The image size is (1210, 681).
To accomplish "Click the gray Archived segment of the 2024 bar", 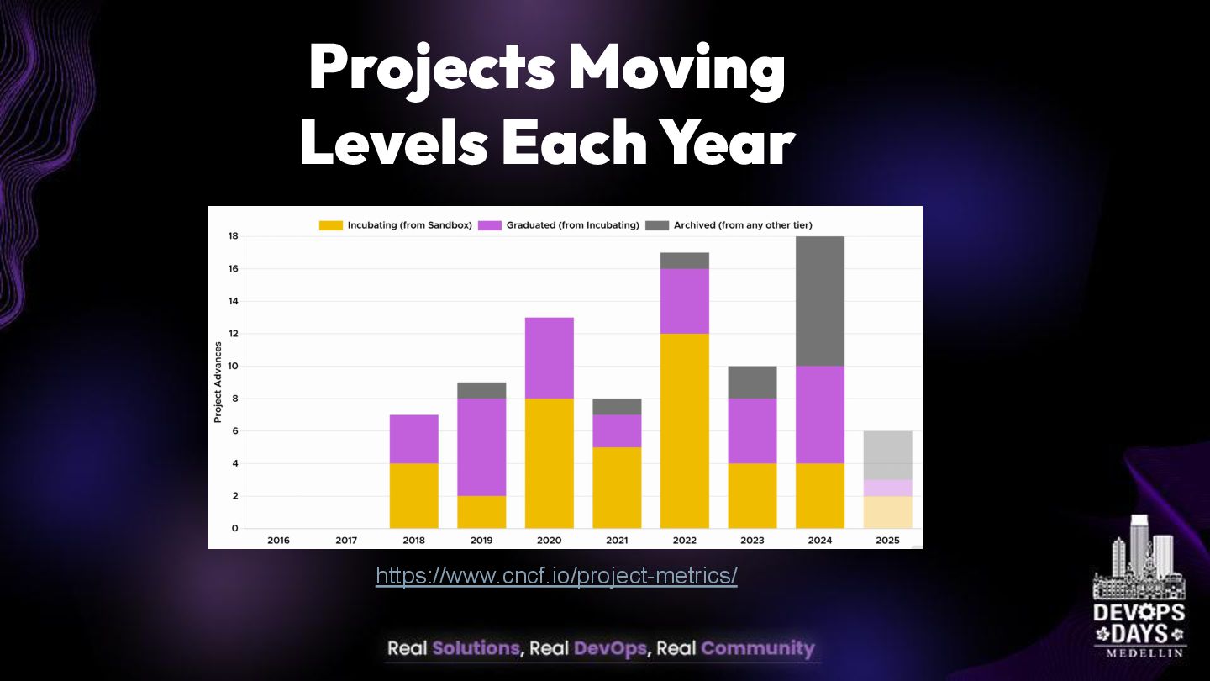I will [x=819, y=301].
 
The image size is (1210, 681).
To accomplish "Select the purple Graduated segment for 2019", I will [x=481, y=446].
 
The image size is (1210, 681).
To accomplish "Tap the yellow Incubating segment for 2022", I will [x=684, y=430].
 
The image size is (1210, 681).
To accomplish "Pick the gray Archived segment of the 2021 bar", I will [x=617, y=406].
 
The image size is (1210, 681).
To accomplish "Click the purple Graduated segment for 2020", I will [x=549, y=357].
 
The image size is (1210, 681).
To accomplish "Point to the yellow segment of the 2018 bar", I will [x=413, y=495].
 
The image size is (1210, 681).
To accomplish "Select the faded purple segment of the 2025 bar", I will [x=887, y=488].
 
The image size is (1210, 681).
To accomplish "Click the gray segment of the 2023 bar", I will [x=752, y=382].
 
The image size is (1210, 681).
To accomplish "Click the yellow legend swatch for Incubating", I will [x=331, y=225].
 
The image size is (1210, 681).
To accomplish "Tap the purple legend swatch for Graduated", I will [x=490, y=225].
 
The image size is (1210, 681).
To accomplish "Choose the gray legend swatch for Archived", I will [x=657, y=225].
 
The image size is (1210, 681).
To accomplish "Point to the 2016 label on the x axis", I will [x=278, y=540].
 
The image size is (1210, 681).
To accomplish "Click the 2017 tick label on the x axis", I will [x=346, y=540].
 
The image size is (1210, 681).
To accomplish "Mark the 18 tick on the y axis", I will [x=233, y=236].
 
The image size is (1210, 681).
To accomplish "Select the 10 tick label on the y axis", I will [x=233, y=366].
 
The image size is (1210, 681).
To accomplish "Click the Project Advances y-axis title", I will [x=218, y=382].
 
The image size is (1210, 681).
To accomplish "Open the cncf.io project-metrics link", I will [x=556, y=576].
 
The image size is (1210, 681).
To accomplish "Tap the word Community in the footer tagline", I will [x=757, y=648].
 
